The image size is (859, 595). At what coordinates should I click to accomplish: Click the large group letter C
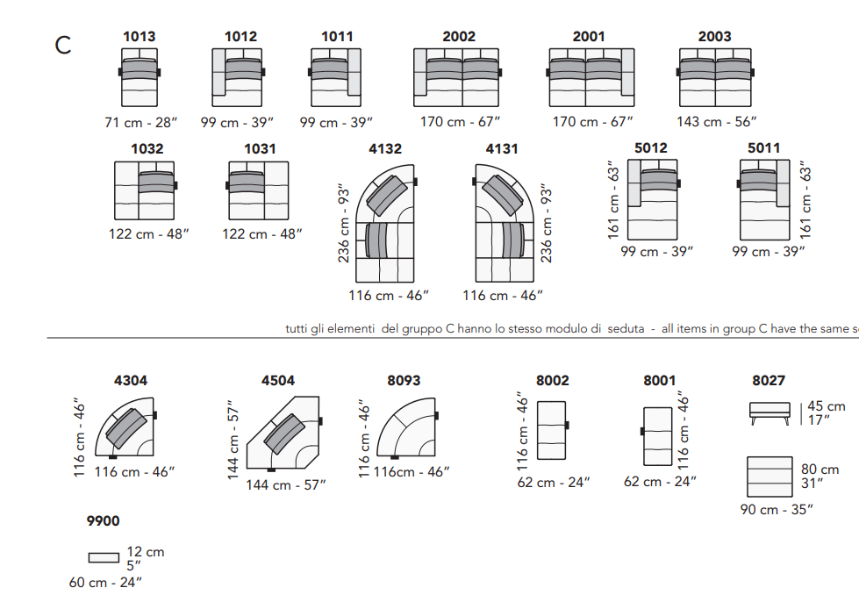pyautogui.click(x=63, y=45)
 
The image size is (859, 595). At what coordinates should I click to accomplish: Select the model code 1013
pyautogui.click(x=140, y=37)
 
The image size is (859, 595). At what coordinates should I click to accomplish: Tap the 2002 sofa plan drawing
pyautogui.click(x=457, y=77)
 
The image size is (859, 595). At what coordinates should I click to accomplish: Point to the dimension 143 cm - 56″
pyautogui.click(x=717, y=122)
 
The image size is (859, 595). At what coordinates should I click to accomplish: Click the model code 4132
pyautogui.click(x=385, y=149)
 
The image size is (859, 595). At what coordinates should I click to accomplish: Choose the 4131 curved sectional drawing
pyautogui.click(x=503, y=223)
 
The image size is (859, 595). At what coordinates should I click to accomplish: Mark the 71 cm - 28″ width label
pyautogui.click(x=141, y=123)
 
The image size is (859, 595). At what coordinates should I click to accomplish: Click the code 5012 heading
pyautogui.click(x=651, y=148)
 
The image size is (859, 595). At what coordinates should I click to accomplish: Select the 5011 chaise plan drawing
pyautogui.click(x=764, y=199)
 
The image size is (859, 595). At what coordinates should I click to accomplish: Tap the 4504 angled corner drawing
pyautogui.click(x=283, y=434)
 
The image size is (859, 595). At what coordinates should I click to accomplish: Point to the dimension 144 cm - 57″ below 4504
pyautogui.click(x=285, y=485)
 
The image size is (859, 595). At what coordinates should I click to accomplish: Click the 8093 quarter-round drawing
pyautogui.click(x=407, y=428)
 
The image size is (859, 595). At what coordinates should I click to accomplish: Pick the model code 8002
pyautogui.click(x=552, y=381)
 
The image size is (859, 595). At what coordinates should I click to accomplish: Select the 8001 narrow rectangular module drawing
pyautogui.click(x=657, y=436)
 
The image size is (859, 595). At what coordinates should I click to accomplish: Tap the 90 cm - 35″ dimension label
pyautogui.click(x=777, y=510)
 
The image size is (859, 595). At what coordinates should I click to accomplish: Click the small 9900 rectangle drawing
pyautogui.click(x=104, y=558)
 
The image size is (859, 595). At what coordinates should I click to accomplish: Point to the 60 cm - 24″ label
pyautogui.click(x=105, y=583)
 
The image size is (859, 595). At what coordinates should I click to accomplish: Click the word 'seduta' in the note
pyautogui.click(x=626, y=329)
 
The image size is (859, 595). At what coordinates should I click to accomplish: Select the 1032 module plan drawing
pyautogui.click(x=145, y=190)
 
